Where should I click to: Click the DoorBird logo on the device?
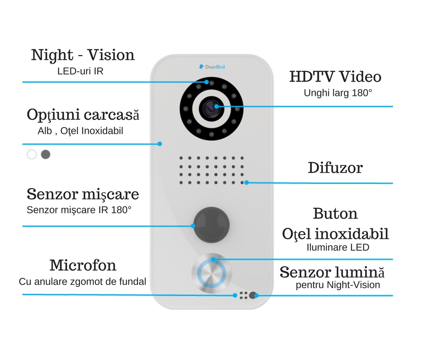211,67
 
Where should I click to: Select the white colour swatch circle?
31,155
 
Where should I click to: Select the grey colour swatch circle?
45,155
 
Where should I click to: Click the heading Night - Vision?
83,55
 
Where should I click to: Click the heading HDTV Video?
335,77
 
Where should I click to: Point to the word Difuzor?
335,167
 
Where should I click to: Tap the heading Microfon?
83,265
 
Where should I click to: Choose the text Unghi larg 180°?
338,93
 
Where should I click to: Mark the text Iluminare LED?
338,247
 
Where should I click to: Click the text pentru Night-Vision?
338,285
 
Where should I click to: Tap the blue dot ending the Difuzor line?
246,182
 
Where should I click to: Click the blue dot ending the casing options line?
160,144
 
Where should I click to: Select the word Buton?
335,213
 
